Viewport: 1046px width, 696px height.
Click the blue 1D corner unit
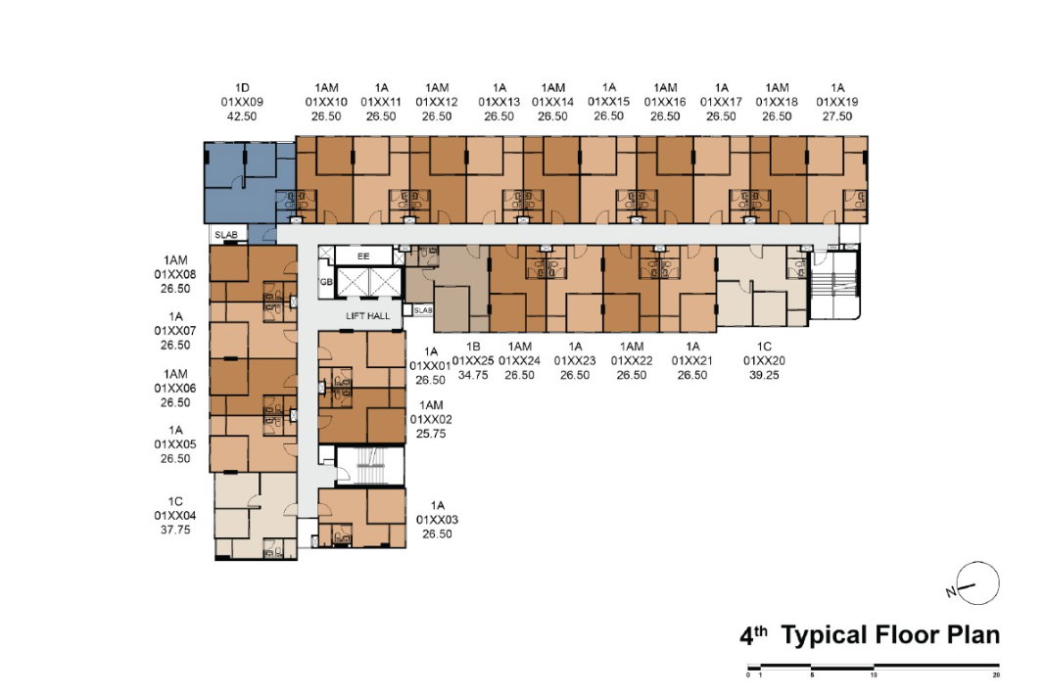249,183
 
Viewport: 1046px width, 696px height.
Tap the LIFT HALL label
367,315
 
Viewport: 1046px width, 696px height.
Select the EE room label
363,256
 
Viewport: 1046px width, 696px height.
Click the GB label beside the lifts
326,282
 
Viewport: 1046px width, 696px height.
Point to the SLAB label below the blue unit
226,235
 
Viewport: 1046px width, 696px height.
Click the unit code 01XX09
242,102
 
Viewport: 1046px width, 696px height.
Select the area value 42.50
242,116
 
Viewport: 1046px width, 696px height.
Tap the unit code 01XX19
837,102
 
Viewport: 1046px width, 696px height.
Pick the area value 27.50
837,116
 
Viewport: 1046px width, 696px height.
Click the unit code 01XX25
473,360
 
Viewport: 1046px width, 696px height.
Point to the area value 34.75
473,375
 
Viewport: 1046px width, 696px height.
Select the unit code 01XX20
764,360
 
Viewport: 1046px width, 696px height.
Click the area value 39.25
764,375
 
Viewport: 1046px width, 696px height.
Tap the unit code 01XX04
174,515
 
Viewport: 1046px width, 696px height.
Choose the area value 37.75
174,530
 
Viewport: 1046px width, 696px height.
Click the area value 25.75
430,434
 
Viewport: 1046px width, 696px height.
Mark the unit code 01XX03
437,520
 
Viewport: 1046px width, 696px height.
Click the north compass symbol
976,584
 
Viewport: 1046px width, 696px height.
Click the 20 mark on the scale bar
996,674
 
